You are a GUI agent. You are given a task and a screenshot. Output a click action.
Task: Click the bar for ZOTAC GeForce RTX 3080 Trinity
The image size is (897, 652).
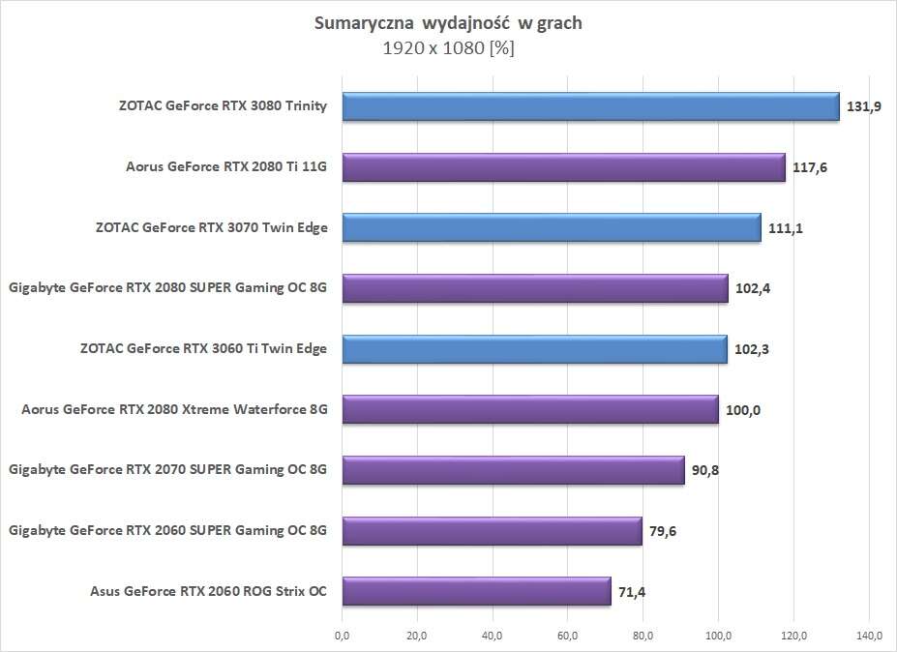point(590,107)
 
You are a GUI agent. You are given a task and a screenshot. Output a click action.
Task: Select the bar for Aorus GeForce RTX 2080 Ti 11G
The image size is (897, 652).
point(563,167)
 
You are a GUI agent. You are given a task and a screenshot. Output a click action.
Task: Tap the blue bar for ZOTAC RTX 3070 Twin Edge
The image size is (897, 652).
point(551,228)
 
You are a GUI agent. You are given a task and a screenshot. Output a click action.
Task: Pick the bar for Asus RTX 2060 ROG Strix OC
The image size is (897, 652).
point(476,591)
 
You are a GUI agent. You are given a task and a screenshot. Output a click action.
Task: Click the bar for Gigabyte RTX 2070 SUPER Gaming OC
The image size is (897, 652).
point(513,470)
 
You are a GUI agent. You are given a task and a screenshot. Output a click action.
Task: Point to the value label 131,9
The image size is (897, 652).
point(864,107)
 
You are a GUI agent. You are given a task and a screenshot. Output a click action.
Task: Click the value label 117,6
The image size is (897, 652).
point(810,167)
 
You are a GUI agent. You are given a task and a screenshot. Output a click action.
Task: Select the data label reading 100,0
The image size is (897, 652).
point(743,410)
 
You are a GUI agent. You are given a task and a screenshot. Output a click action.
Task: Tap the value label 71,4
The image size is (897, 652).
point(634,591)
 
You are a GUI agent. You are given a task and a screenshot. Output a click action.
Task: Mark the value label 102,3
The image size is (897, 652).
point(752,349)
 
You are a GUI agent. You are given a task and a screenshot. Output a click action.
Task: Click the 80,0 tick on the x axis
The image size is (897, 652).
point(643,636)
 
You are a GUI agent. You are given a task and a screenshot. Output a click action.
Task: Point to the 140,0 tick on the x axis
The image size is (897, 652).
point(869,636)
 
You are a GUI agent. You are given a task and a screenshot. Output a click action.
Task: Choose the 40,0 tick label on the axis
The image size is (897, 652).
point(493,636)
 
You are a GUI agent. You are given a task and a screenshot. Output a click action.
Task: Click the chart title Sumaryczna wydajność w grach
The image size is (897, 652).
point(449,24)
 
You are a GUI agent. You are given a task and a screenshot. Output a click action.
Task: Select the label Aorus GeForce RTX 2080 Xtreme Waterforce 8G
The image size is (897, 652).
point(174,410)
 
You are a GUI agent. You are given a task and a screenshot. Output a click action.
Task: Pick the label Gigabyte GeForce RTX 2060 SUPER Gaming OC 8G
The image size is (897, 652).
point(167,530)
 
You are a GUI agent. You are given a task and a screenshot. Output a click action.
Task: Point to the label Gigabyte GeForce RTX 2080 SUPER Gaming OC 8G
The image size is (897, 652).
point(167,288)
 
